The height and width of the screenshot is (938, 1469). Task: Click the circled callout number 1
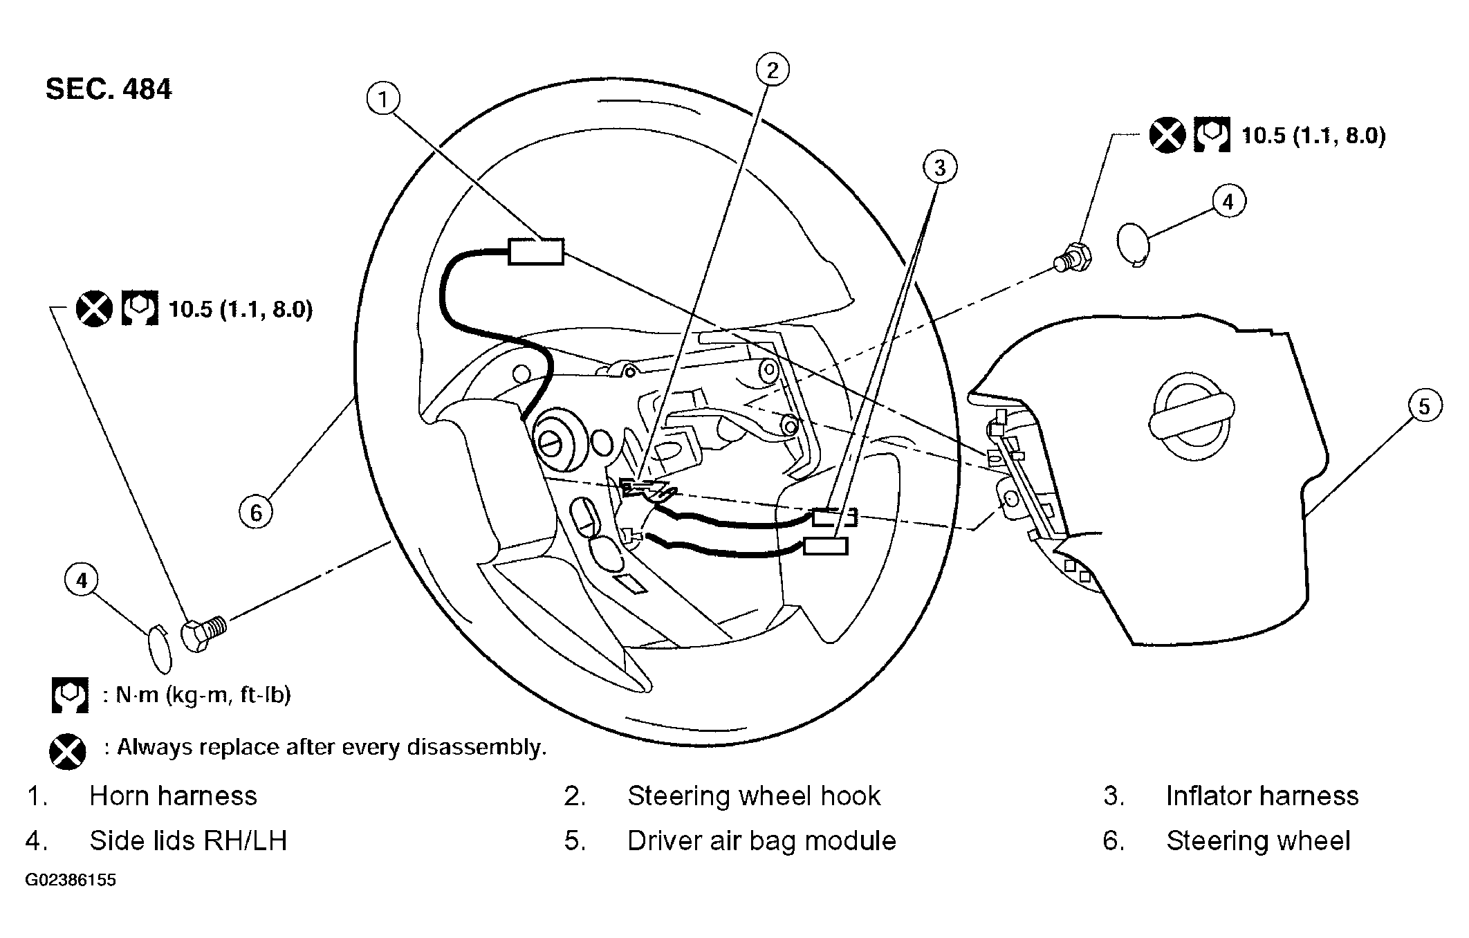(x=383, y=99)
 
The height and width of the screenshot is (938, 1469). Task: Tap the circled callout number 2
(x=773, y=70)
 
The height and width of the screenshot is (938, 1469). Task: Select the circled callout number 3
(x=940, y=167)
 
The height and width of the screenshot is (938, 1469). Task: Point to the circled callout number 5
(x=1424, y=406)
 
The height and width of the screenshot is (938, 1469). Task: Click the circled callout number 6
(x=257, y=513)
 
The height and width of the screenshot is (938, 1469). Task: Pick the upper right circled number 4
(x=1228, y=201)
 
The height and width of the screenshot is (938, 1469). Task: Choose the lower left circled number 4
(x=82, y=580)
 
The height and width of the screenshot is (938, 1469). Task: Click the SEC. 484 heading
(x=109, y=90)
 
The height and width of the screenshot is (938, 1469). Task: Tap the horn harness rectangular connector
(x=536, y=252)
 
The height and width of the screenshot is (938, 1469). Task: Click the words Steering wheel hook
(x=754, y=796)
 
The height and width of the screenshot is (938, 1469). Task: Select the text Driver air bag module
(x=761, y=841)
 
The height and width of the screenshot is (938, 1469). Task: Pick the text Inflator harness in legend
(x=1262, y=796)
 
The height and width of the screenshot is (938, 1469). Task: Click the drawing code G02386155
(x=71, y=881)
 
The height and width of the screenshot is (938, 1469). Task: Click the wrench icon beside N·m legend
(x=70, y=695)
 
